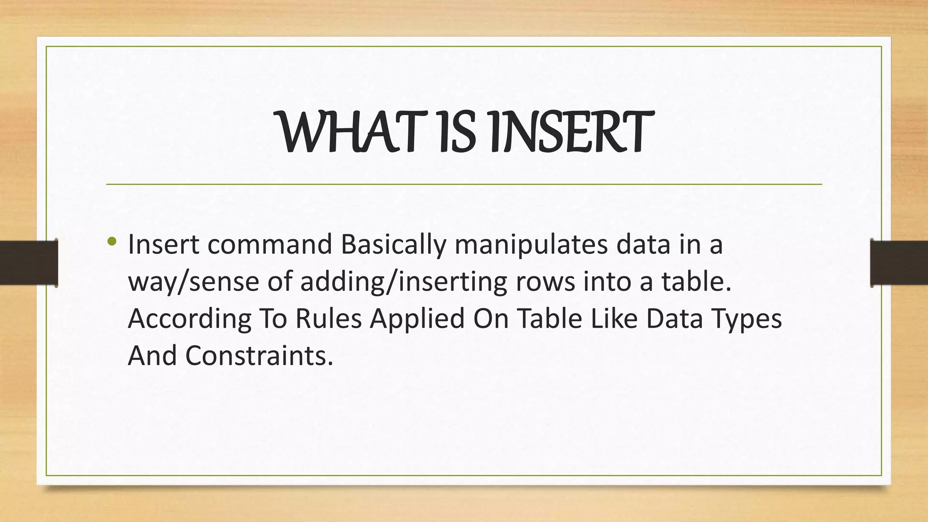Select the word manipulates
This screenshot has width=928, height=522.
click(x=531, y=246)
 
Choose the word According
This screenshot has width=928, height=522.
click(x=189, y=319)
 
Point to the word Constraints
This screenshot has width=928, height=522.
click(x=259, y=356)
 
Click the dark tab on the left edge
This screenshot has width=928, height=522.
click(x=29, y=263)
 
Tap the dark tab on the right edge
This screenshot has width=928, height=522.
click(x=899, y=263)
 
